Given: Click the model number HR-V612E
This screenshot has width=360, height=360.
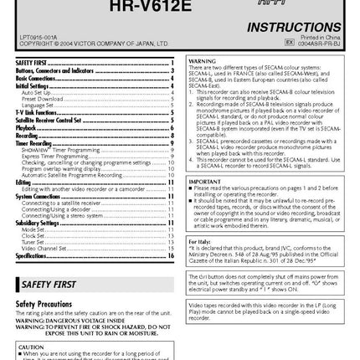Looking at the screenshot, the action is (179, 6).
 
